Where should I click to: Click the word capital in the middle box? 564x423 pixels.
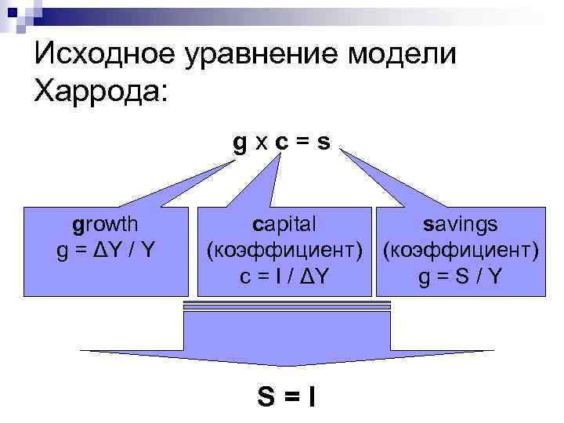[x=285, y=225]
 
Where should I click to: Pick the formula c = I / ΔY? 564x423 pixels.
[x=285, y=277]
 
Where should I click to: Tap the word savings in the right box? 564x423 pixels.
[x=459, y=225]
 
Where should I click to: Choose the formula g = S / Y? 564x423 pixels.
[x=459, y=277]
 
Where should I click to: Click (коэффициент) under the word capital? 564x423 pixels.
[x=285, y=251]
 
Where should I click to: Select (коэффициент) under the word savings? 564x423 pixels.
[x=459, y=251]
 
